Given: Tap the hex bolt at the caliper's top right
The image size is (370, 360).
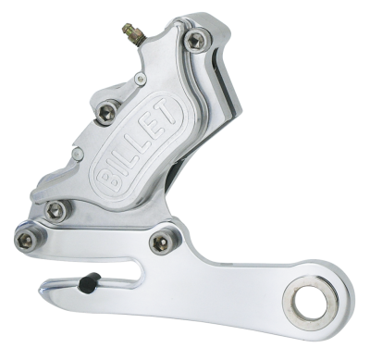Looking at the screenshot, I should (194, 39).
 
